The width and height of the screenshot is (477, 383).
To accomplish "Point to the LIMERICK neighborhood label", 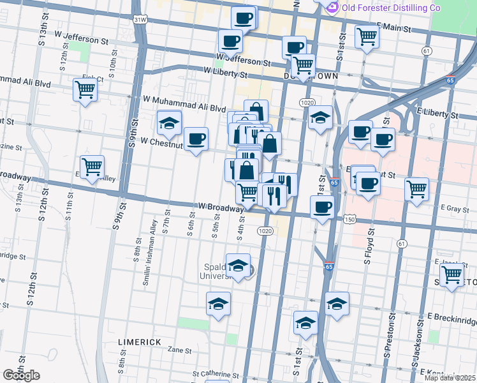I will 140,342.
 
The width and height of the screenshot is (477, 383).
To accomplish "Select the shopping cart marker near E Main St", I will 367,38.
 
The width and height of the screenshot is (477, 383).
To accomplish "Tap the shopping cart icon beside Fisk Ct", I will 85,89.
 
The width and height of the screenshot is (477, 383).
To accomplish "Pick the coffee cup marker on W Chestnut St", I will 196,139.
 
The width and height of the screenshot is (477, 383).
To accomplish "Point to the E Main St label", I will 393,28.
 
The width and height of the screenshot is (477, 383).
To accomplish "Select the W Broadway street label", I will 221,207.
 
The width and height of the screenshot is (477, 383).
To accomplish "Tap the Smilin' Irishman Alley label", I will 153,253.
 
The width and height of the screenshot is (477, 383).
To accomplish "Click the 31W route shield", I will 140,20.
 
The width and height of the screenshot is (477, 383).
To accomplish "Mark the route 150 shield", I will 349,219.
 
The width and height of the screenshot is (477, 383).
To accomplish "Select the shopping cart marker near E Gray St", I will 416,189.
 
